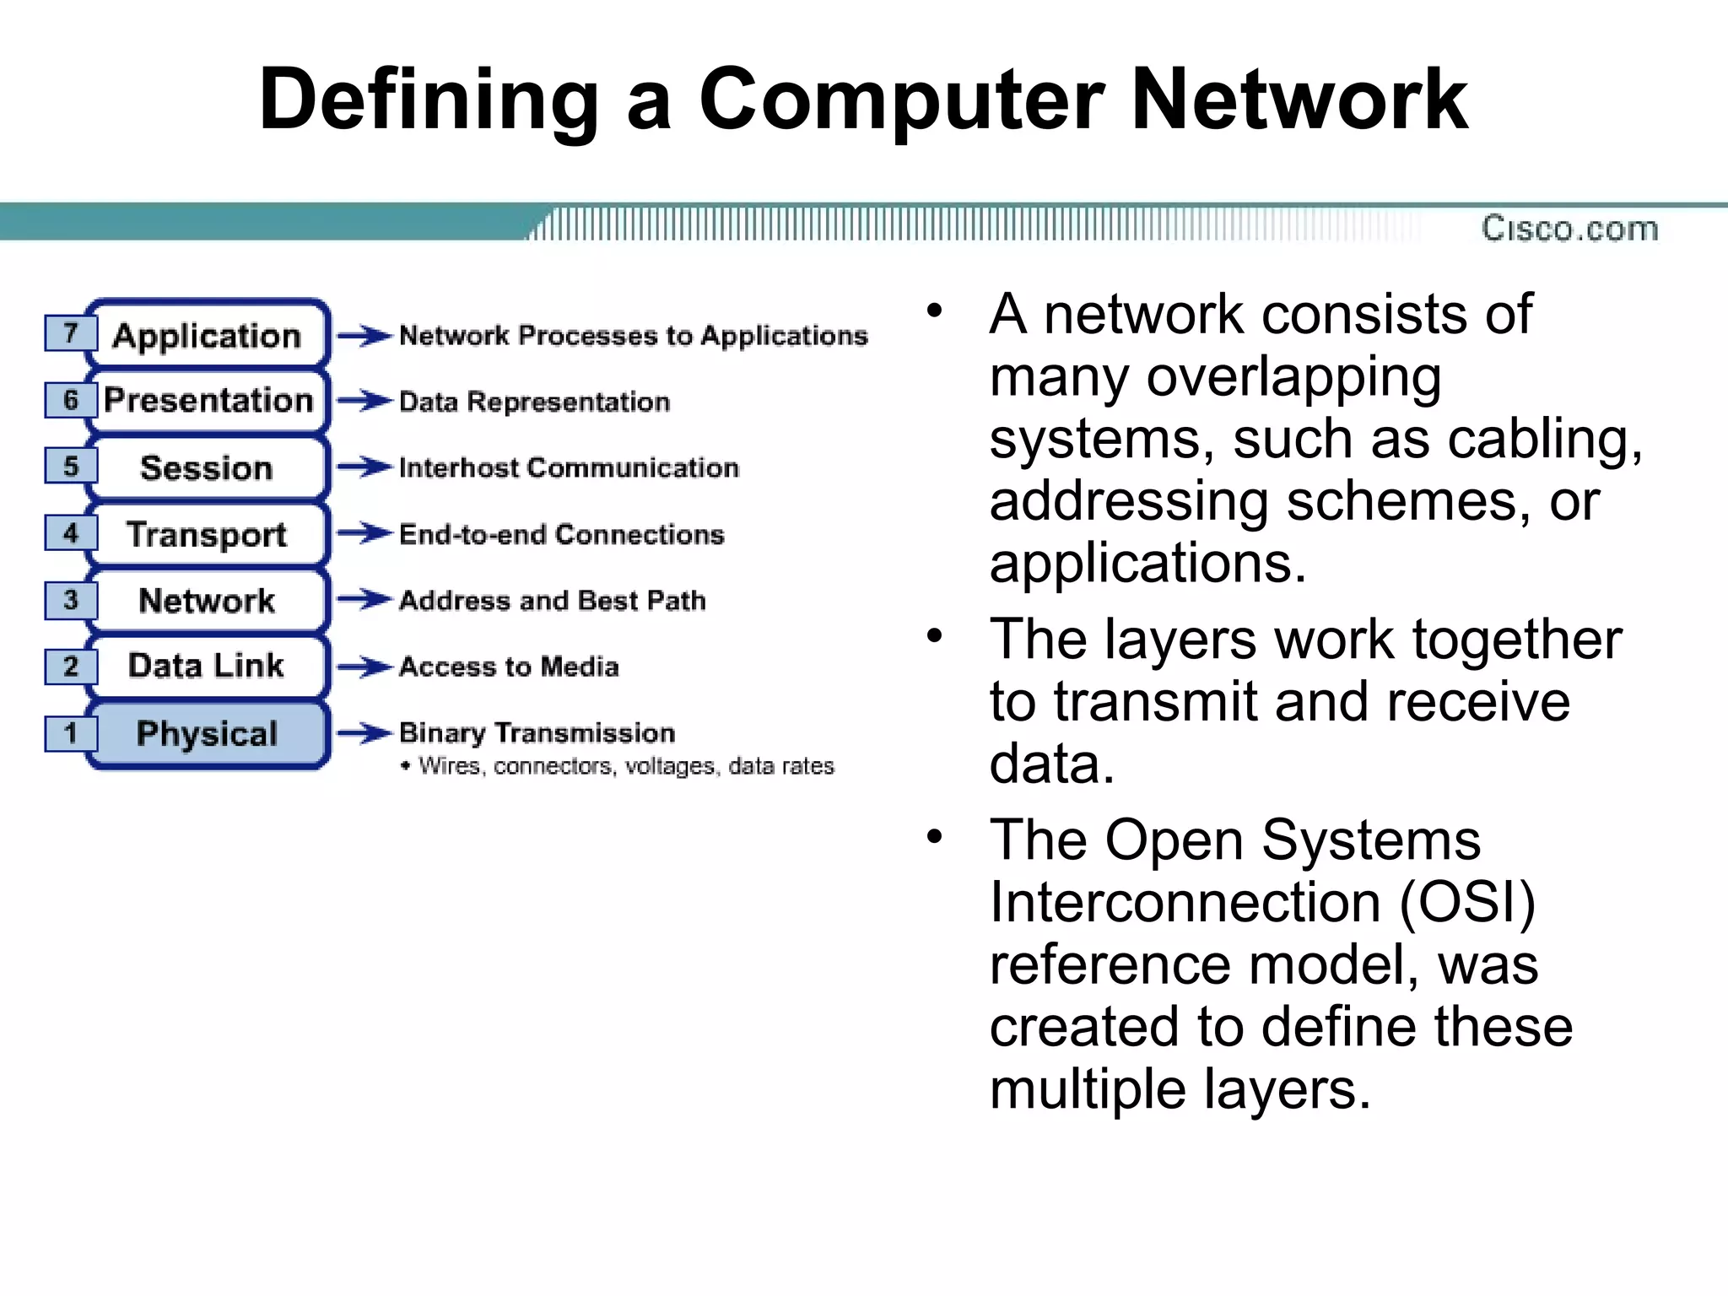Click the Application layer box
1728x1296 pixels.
tap(207, 335)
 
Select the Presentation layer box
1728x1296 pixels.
tap(208, 400)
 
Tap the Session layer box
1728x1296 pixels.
tap(207, 467)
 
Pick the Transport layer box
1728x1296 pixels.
tap(207, 534)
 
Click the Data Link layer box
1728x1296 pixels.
tap(207, 666)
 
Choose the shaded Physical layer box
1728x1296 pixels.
tap(207, 733)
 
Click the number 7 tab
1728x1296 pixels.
tap(71, 332)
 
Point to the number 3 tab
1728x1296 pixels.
tap(71, 600)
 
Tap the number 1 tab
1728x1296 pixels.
tap(71, 732)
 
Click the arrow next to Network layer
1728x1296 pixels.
tap(364, 600)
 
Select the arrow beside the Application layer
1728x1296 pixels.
tap(364, 336)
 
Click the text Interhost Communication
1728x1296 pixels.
tap(569, 467)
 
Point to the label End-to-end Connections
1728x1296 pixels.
tap(561, 534)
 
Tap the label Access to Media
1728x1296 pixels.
tap(509, 667)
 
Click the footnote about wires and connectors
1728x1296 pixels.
tap(624, 766)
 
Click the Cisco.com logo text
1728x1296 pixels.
tap(1569, 229)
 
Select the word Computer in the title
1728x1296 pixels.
tap(901, 100)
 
